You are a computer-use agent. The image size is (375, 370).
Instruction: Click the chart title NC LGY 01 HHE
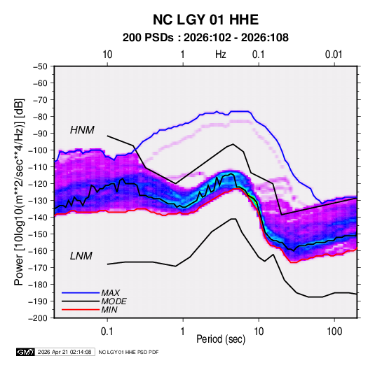tap(205, 20)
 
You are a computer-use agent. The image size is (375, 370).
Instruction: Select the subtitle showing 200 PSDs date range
tap(205, 38)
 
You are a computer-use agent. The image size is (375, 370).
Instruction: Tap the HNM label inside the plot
tap(82, 130)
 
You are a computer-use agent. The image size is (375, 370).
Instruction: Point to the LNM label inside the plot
tap(81, 256)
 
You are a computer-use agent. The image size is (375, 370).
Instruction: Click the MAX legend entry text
tap(110, 293)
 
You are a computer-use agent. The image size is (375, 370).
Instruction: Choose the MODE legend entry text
tap(114, 301)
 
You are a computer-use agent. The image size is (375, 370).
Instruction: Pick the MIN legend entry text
tap(109, 310)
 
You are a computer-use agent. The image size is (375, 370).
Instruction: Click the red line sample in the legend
tap(81, 310)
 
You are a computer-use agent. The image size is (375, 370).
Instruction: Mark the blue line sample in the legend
tap(81, 293)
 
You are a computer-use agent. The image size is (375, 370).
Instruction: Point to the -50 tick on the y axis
tap(40, 66)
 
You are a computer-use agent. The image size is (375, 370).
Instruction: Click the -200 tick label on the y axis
tap(38, 318)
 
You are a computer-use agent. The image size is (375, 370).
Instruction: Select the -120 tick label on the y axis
tap(38, 184)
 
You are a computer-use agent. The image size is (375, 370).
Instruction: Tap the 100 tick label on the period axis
tap(334, 332)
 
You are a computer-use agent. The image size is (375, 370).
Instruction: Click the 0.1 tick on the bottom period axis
tap(107, 332)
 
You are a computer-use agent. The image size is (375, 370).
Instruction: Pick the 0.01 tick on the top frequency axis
tap(334, 55)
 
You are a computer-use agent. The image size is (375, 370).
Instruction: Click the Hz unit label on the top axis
tap(221, 55)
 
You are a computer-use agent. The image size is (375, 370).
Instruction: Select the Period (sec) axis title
tap(221, 339)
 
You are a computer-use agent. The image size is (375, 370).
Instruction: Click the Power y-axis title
tap(19, 192)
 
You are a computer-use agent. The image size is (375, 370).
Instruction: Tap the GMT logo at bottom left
tap(26, 352)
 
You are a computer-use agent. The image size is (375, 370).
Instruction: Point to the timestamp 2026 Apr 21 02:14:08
tap(64, 352)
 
